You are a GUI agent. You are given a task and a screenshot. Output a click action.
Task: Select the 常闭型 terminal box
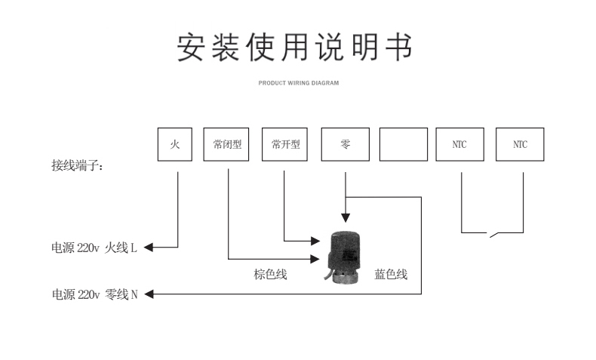tap(227, 145)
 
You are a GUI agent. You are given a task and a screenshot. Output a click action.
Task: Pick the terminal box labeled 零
tap(345, 145)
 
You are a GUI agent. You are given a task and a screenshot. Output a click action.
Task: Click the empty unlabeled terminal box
tap(403, 145)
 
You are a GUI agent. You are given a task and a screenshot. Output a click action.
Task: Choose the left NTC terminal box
tap(459, 145)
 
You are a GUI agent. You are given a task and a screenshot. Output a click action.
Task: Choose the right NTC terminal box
tap(520, 145)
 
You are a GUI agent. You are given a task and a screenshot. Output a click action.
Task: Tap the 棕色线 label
tap(269, 275)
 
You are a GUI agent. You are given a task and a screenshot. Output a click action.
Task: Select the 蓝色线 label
tap(391, 275)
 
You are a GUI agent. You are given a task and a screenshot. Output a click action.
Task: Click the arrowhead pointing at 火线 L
tap(148, 247)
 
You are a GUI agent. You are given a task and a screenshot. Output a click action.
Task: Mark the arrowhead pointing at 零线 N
tap(149, 294)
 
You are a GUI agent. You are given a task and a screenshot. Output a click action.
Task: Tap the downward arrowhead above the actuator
tap(345, 218)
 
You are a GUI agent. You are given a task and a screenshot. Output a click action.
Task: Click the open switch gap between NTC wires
tap(492, 235)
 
